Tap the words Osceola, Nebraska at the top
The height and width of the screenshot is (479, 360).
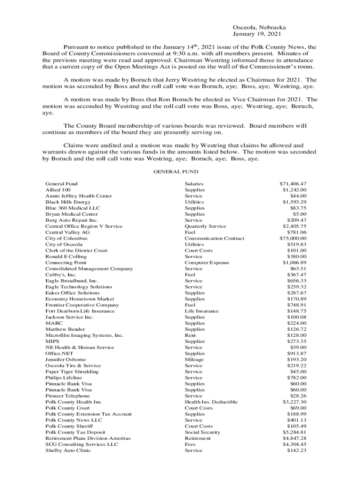point(259,28)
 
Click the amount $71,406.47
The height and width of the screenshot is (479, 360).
point(293,184)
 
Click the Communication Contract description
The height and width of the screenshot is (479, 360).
point(214,239)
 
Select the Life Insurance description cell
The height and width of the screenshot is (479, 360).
point(202,311)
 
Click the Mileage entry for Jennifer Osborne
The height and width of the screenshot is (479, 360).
point(194,360)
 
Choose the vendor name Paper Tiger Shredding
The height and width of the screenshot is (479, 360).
point(72,372)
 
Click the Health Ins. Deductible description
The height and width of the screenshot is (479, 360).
point(211,402)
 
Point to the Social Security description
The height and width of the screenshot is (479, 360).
point(202,432)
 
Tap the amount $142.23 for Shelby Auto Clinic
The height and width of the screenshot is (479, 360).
point(296,450)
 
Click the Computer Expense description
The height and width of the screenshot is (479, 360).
point(207,263)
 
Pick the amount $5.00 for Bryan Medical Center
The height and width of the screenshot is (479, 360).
point(299,214)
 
